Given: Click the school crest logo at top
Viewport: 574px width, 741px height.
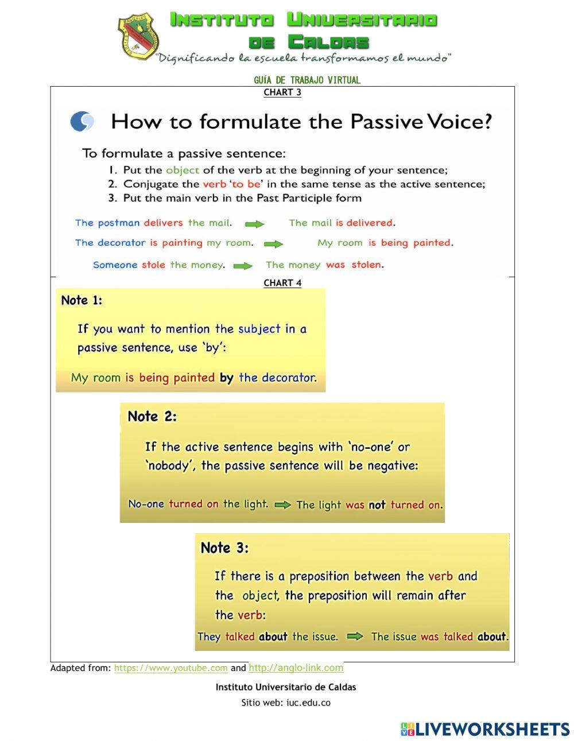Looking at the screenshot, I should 138,37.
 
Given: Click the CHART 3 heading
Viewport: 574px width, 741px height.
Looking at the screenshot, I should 282,92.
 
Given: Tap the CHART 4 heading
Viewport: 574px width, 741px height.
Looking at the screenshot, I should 282,283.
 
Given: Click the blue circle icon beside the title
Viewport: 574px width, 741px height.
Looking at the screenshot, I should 82,121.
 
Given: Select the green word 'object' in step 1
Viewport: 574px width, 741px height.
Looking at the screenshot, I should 183,170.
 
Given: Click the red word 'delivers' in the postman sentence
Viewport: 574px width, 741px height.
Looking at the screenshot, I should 163,223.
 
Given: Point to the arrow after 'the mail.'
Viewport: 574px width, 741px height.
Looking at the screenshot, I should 255,224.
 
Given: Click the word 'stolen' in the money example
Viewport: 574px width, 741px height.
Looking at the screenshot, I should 366,265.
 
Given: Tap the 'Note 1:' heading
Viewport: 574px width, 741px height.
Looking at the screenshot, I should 82,300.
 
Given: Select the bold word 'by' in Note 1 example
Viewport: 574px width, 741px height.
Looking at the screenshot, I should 226,378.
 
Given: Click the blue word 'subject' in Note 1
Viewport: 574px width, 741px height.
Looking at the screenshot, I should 259,329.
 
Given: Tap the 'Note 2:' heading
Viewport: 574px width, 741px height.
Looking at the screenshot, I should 152,417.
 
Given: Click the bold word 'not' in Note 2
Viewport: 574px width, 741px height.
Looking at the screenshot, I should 377,505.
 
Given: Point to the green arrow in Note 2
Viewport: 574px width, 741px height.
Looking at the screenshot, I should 282,505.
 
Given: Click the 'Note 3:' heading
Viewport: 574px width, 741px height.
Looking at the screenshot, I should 224,548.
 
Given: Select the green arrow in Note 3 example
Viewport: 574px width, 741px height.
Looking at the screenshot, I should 355,636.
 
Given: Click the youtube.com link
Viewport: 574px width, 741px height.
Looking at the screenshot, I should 171,668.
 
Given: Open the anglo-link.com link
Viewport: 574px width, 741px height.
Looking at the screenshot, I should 296,668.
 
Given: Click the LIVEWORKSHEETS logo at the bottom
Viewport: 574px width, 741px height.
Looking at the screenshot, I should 485,729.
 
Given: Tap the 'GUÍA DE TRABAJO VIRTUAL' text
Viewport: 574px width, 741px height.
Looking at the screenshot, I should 307,80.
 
